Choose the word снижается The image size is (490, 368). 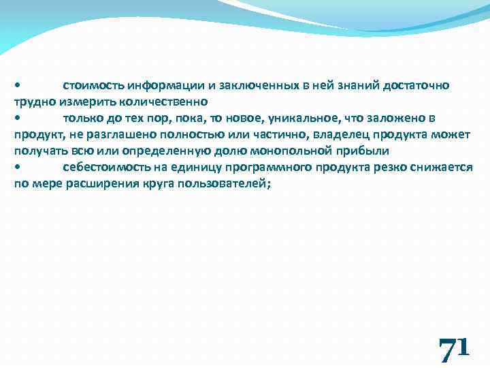tap(442, 167)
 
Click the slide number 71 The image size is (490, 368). tap(453, 350)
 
